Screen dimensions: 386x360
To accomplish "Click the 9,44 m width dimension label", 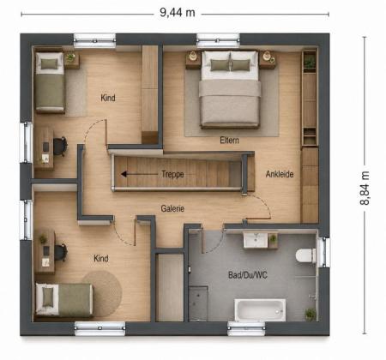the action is (178, 13).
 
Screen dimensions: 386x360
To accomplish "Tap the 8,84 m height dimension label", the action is (365, 188).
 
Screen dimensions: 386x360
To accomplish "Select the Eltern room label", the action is (229, 141).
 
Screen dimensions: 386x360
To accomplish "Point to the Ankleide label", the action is (280, 174).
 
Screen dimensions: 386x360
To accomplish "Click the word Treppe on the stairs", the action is (172, 174).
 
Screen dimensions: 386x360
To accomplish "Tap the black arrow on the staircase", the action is (139, 174).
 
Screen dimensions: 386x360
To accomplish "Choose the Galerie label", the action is (172, 208).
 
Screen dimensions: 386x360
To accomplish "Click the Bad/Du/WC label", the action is (248, 275).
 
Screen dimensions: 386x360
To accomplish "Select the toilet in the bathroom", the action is (306, 255).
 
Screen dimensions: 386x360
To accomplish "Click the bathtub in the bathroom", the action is (260, 310).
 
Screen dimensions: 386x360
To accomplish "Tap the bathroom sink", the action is (256, 240).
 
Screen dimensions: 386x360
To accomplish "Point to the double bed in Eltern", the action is (230, 89).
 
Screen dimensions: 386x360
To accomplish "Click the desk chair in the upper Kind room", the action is (61, 147).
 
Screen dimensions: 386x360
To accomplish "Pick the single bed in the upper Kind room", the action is (50, 82).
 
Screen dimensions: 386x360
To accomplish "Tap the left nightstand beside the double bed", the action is (193, 60).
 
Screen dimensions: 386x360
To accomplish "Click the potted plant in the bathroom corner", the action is (311, 314).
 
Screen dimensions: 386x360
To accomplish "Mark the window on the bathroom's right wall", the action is (323, 252).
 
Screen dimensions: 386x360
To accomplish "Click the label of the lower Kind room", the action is (101, 259).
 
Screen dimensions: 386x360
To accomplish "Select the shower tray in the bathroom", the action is (198, 303).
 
